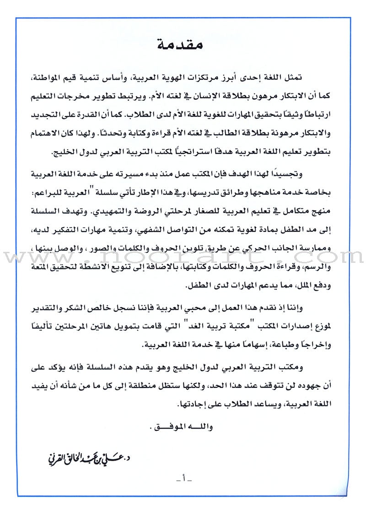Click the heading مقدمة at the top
click(183, 45)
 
